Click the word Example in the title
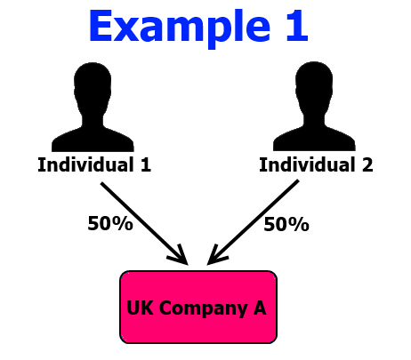point(180,28)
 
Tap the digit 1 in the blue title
point(297,26)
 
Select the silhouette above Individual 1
point(93,107)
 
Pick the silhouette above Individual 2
point(314,106)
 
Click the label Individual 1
point(94,164)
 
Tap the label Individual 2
point(316,164)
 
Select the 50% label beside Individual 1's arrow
point(110,223)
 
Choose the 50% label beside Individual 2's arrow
point(286,224)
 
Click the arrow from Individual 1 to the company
point(144,223)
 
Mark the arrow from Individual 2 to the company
point(253,222)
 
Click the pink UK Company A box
point(198,308)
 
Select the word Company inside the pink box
point(203,308)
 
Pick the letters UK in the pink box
point(140,308)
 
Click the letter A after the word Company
point(260,308)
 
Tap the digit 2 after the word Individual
point(367,164)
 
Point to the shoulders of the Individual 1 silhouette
point(93,139)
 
